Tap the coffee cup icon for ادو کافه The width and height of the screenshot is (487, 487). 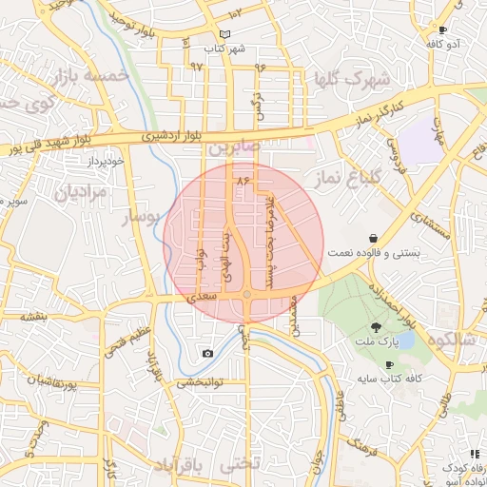click(441, 30)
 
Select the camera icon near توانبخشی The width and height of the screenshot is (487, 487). click(207, 354)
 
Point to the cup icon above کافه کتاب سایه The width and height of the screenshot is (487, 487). click(388, 364)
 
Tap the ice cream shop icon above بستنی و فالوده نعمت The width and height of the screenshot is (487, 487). click(372, 238)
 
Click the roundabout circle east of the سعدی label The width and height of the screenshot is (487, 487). click(246, 296)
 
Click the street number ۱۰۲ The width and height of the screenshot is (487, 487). click(235, 12)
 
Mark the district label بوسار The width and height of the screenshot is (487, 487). click(145, 218)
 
